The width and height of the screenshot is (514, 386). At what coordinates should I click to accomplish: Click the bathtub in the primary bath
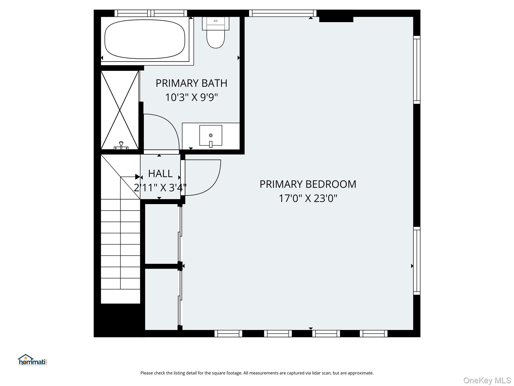pos(145,39)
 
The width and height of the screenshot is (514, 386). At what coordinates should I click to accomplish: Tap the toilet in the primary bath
pos(216,32)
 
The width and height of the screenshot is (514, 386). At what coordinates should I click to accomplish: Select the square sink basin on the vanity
pos(211,135)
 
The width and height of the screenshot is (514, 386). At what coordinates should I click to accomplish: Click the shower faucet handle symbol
pos(121,146)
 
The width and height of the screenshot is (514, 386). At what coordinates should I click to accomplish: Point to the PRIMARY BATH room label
pos(191,83)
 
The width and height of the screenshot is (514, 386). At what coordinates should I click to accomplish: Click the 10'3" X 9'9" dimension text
pos(191,97)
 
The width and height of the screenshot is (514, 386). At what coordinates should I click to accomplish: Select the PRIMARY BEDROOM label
pos(308,184)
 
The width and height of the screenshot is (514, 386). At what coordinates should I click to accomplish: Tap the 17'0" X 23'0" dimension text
pos(308,198)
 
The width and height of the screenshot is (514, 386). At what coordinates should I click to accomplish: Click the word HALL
pos(160,173)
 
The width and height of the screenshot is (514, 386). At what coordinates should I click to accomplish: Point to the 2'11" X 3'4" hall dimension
pos(160,187)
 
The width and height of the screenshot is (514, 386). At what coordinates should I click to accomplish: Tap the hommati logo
pos(33,360)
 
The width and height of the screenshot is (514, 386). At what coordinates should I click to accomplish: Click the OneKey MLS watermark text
pos(487,380)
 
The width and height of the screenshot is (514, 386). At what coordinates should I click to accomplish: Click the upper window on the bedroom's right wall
pos(417,70)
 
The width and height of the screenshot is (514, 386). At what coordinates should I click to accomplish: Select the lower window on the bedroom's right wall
pos(417,261)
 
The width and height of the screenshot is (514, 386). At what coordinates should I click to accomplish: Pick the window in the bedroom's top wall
pos(283,13)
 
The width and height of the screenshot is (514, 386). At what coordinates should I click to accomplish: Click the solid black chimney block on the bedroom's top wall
pos(336,19)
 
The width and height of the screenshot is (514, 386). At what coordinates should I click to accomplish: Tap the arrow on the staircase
pos(130,177)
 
